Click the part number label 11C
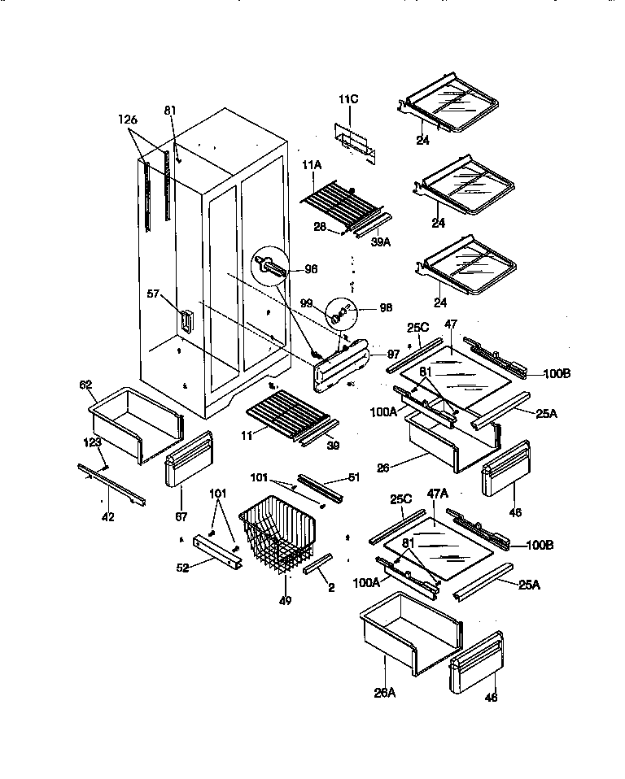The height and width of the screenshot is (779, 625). tap(348, 99)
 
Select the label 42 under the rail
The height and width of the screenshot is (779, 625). tap(107, 516)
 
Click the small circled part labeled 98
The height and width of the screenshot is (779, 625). tap(342, 311)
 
